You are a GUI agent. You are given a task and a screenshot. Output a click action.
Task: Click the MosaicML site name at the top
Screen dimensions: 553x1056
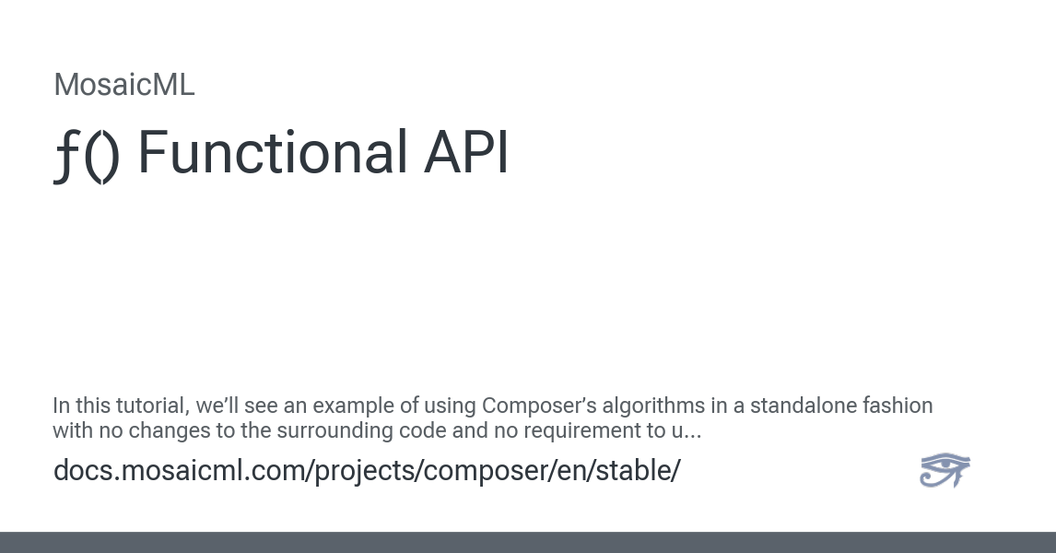(x=124, y=85)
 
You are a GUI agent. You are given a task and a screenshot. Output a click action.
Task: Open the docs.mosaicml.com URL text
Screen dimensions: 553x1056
(x=367, y=470)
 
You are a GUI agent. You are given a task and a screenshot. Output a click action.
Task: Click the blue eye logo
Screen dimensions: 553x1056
(x=945, y=470)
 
